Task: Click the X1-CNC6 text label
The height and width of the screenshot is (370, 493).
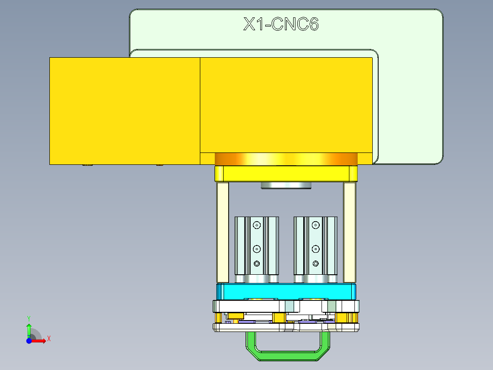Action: pos(280,24)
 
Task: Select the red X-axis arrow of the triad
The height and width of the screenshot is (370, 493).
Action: pos(40,341)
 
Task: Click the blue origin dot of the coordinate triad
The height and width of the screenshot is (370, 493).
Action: pos(29,341)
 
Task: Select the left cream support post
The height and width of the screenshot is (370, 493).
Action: pos(223,232)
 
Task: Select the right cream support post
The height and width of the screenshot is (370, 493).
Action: pos(349,232)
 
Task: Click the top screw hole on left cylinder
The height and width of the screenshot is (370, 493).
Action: pos(257,225)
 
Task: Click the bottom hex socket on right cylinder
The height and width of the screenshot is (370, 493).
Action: pos(316,263)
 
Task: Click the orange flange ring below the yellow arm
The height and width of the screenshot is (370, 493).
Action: pos(286,159)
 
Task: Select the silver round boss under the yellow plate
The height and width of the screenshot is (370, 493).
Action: pos(286,185)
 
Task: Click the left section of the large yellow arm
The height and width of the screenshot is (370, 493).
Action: pos(124,110)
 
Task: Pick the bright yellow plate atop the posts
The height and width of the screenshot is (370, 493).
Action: pos(286,174)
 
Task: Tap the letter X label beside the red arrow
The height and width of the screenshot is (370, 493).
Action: pos(48,339)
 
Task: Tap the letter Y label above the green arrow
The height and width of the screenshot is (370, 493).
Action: pos(29,318)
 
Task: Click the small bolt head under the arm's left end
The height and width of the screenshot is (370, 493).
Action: pos(87,165)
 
